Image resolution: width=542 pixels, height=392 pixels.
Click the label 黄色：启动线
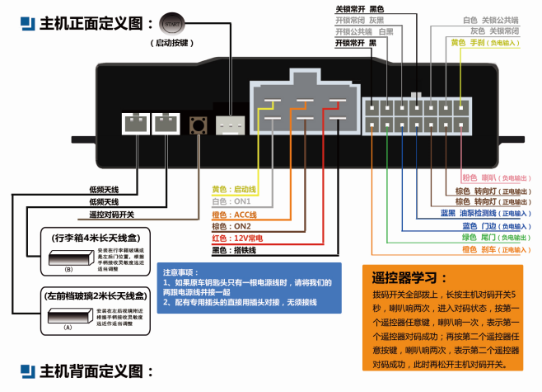(235, 189)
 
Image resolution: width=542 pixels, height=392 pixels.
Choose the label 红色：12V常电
(237, 238)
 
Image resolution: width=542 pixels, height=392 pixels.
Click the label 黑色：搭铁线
(235, 250)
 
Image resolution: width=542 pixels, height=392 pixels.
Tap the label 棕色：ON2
(231, 226)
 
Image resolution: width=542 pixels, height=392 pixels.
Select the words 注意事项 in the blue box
(180, 272)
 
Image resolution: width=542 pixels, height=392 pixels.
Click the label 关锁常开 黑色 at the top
(360, 9)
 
